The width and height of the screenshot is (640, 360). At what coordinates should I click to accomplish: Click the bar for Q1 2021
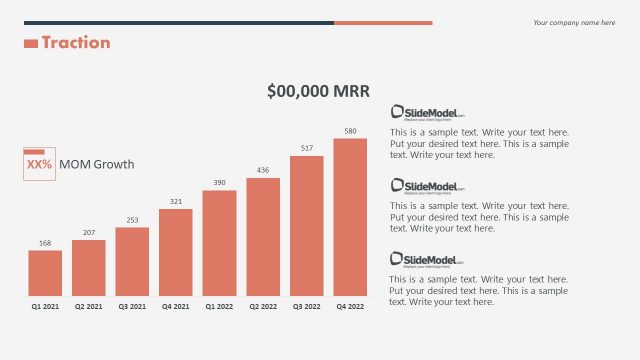45,272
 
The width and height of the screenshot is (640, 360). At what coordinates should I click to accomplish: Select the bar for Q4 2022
350,216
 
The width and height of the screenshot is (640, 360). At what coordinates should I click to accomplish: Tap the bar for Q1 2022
219,243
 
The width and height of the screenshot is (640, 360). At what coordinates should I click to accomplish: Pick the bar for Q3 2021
132,261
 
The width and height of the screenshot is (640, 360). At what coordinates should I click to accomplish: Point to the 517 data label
307,148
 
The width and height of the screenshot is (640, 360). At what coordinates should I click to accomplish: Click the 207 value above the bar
89,233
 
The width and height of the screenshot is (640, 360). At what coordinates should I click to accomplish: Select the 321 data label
176,202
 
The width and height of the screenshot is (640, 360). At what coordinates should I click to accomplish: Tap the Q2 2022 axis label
263,307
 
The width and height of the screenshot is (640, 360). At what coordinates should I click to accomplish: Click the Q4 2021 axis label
176,307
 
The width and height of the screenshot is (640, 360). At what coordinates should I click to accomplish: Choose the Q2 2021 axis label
89,307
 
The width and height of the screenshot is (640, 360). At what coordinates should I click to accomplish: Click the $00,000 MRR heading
319,91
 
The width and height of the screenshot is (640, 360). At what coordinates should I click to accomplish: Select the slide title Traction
76,43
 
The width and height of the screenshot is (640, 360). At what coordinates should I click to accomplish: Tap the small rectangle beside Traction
30,43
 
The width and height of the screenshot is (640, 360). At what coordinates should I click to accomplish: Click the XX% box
39,164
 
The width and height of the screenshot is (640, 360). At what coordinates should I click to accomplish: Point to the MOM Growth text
96,164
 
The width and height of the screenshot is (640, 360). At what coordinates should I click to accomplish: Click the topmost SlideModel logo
427,113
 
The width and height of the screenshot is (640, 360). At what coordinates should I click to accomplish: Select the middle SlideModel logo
427,186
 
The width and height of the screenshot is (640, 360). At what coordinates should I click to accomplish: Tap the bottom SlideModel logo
427,259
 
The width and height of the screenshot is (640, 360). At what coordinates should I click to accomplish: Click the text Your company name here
574,22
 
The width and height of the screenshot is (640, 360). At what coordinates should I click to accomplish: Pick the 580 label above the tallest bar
350,131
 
